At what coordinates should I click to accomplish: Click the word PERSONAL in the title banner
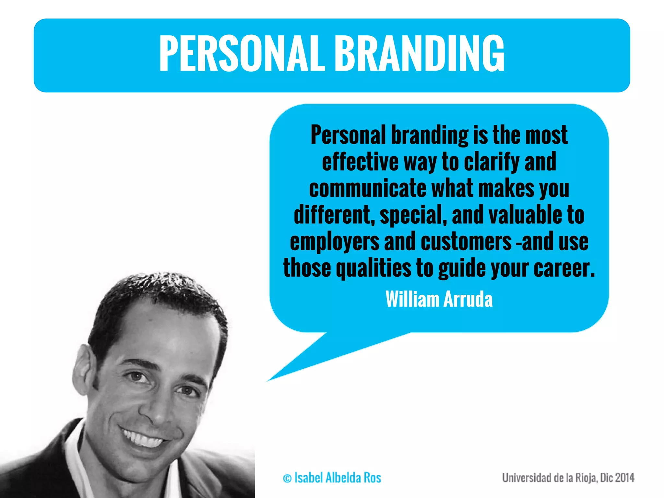point(242,53)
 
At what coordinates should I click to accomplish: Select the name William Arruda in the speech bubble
point(439,299)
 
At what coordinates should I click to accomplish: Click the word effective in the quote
point(360,161)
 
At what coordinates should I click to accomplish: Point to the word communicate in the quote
point(367,188)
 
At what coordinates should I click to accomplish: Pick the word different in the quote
point(334,215)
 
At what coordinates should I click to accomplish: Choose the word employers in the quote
point(334,242)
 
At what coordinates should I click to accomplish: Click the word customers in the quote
point(466,242)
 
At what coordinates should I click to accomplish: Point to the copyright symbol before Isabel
point(287,479)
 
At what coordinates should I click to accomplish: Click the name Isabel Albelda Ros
point(338,478)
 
